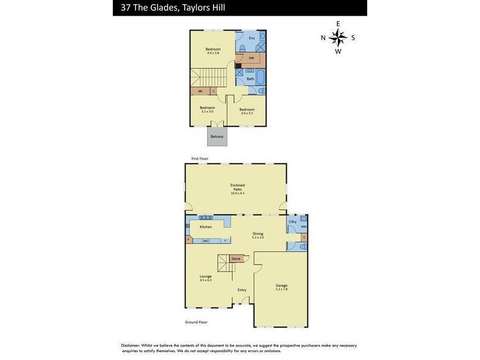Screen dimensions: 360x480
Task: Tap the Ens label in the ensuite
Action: (251, 38)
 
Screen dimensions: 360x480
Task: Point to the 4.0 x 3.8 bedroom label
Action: (213, 51)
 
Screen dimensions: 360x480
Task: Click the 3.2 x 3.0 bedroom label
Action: (207, 109)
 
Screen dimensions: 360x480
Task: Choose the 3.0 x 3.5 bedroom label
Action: (247, 111)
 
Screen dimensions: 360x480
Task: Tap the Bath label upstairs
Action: (250, 78)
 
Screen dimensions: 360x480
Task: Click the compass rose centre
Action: (338, 37)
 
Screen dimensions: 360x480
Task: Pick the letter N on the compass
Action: (323, 38)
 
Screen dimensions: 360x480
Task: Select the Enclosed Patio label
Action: (238, 189)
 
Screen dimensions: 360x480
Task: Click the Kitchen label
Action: (206, 227)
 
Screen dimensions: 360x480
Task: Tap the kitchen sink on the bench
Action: (206, 217)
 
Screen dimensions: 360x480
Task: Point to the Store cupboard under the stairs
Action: (236, 259)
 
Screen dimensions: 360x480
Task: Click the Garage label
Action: (281, 287)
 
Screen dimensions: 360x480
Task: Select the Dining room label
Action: (258, 235)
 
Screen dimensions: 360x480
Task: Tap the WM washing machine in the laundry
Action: (303, 227)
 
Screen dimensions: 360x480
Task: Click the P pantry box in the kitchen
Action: (188, 240)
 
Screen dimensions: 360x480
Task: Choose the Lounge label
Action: (206, 278)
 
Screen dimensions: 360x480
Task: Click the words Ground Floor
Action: (196, 322)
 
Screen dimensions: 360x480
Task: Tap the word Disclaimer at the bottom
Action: (130, 346)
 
